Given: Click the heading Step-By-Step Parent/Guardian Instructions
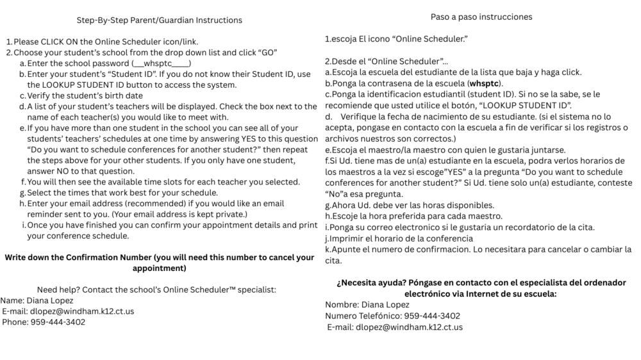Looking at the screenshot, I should (x=160, y=20).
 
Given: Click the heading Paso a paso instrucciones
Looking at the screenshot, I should (x=481, y=17).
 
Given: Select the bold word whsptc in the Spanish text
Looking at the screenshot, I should (x=485, y=83).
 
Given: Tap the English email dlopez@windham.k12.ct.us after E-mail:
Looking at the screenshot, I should (x=81, y=311).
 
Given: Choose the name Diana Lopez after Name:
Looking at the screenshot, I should (x=49, y=300).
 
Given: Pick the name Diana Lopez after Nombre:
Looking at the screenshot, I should (x=385, y=305).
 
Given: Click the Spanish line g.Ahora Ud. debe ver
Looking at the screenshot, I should (x=410, y=205).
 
